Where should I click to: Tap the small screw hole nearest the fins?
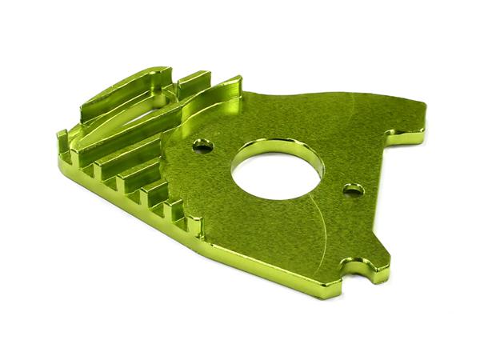[x=203, y=146]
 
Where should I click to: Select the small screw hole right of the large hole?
[x=353, y=190]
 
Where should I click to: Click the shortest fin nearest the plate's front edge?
[x=172, y=210]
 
